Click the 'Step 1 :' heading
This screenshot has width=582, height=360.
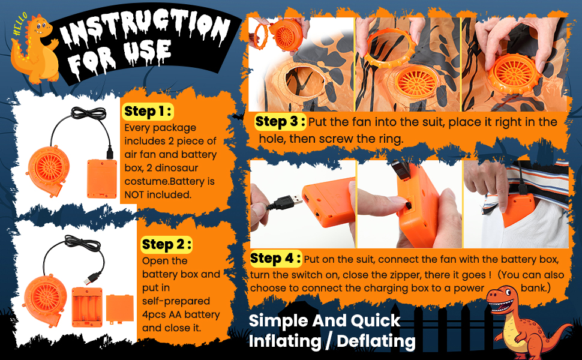pyautogui.click(x=148, y=112)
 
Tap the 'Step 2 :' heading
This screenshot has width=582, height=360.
pyautogui.click(x=166, y=245)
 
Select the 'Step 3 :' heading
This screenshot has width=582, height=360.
pyautogui.click(x=280, y=122)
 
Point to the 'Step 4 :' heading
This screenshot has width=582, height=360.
pyautogui.click(x=275, y=259)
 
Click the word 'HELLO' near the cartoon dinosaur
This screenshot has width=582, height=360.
pyautogui.click(x=20, y=24)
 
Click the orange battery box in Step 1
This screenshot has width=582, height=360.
pyautogui.click(x=101, y=179)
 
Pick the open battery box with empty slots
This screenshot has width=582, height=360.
pyautogui.click(x=87, y=307)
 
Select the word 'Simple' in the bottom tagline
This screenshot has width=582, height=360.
pyautogui.click(x=278, y=322)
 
